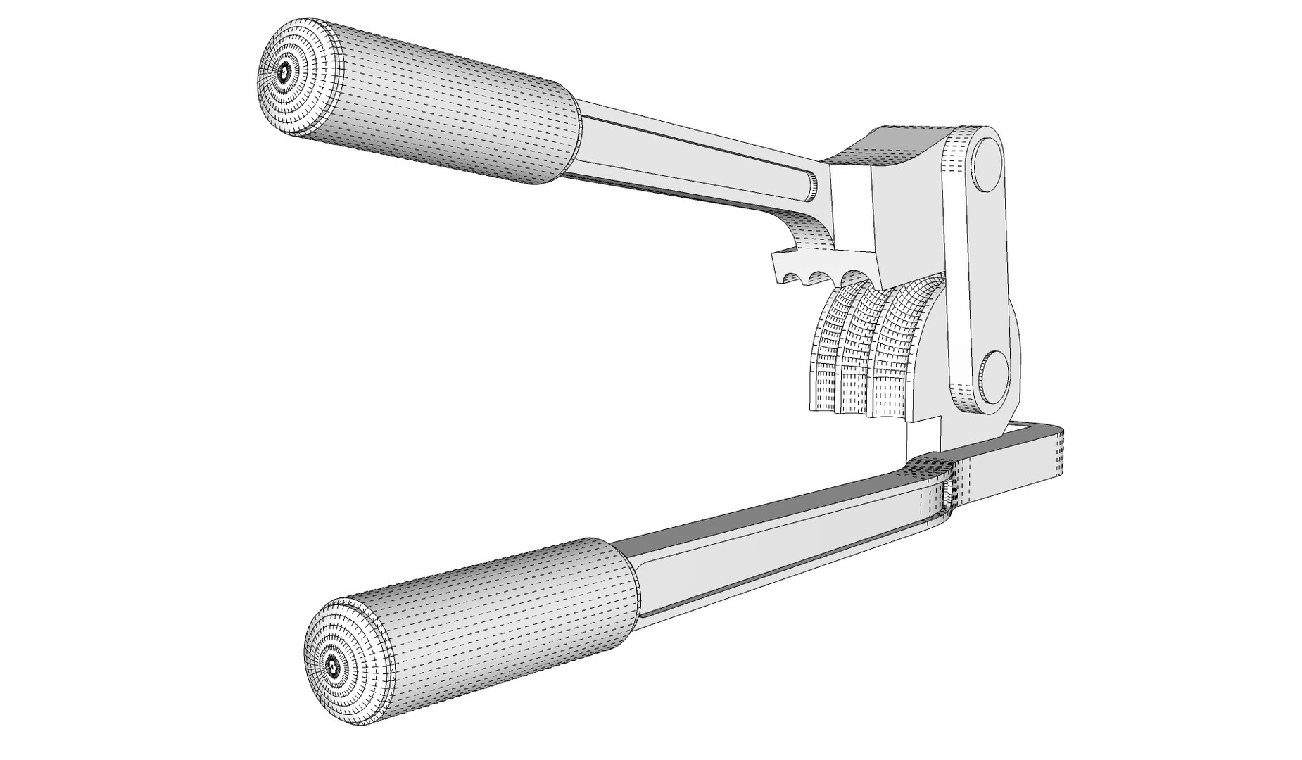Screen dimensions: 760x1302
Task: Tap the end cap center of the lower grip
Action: point(332,662)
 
